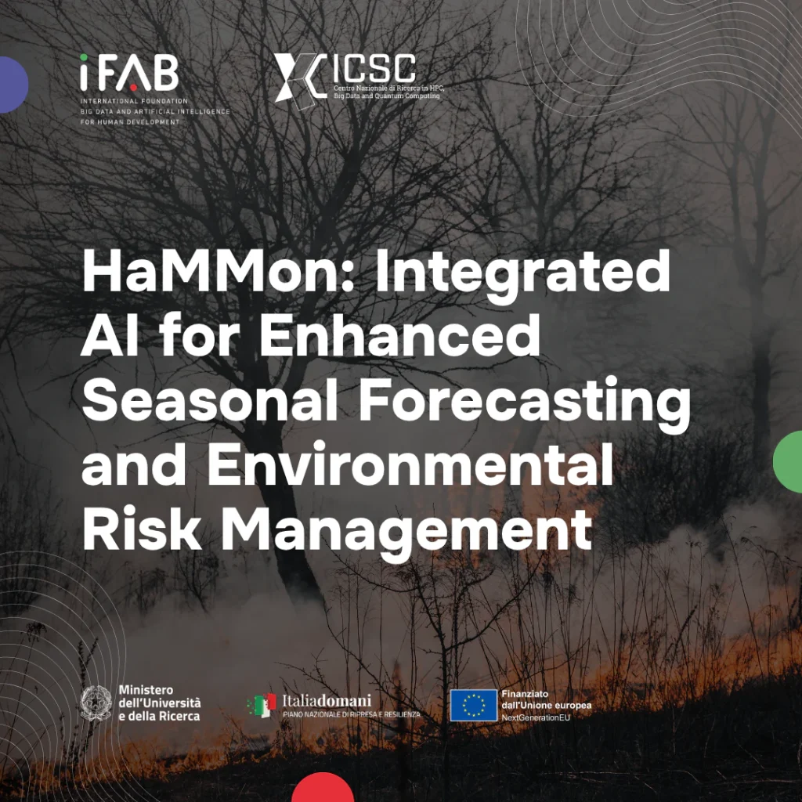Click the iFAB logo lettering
click(x=129, y=73)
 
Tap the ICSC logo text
click(x=374, y=69)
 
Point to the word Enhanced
click(x=399, y=335)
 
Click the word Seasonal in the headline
click(x=209, y=399)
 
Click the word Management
click(x=406, y=532)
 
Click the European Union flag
click(x=473, y=706)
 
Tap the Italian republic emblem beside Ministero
click(x=96, y=703)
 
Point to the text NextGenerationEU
click(x=536, y=717)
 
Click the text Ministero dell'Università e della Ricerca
click(x=160, y=703)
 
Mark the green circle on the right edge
click(x=788, y=462)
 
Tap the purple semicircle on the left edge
click(x=14, y=85)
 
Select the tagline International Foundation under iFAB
click(x=134, y=101)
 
